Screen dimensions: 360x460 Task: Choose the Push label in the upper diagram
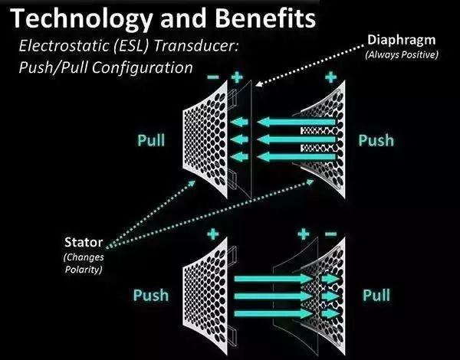(376, 140)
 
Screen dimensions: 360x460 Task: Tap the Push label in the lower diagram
(151, 295)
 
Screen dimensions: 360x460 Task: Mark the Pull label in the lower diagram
(376, 295)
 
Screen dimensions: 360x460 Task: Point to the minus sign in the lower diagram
(330, 234)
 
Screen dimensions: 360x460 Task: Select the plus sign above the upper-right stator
(330, 77)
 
